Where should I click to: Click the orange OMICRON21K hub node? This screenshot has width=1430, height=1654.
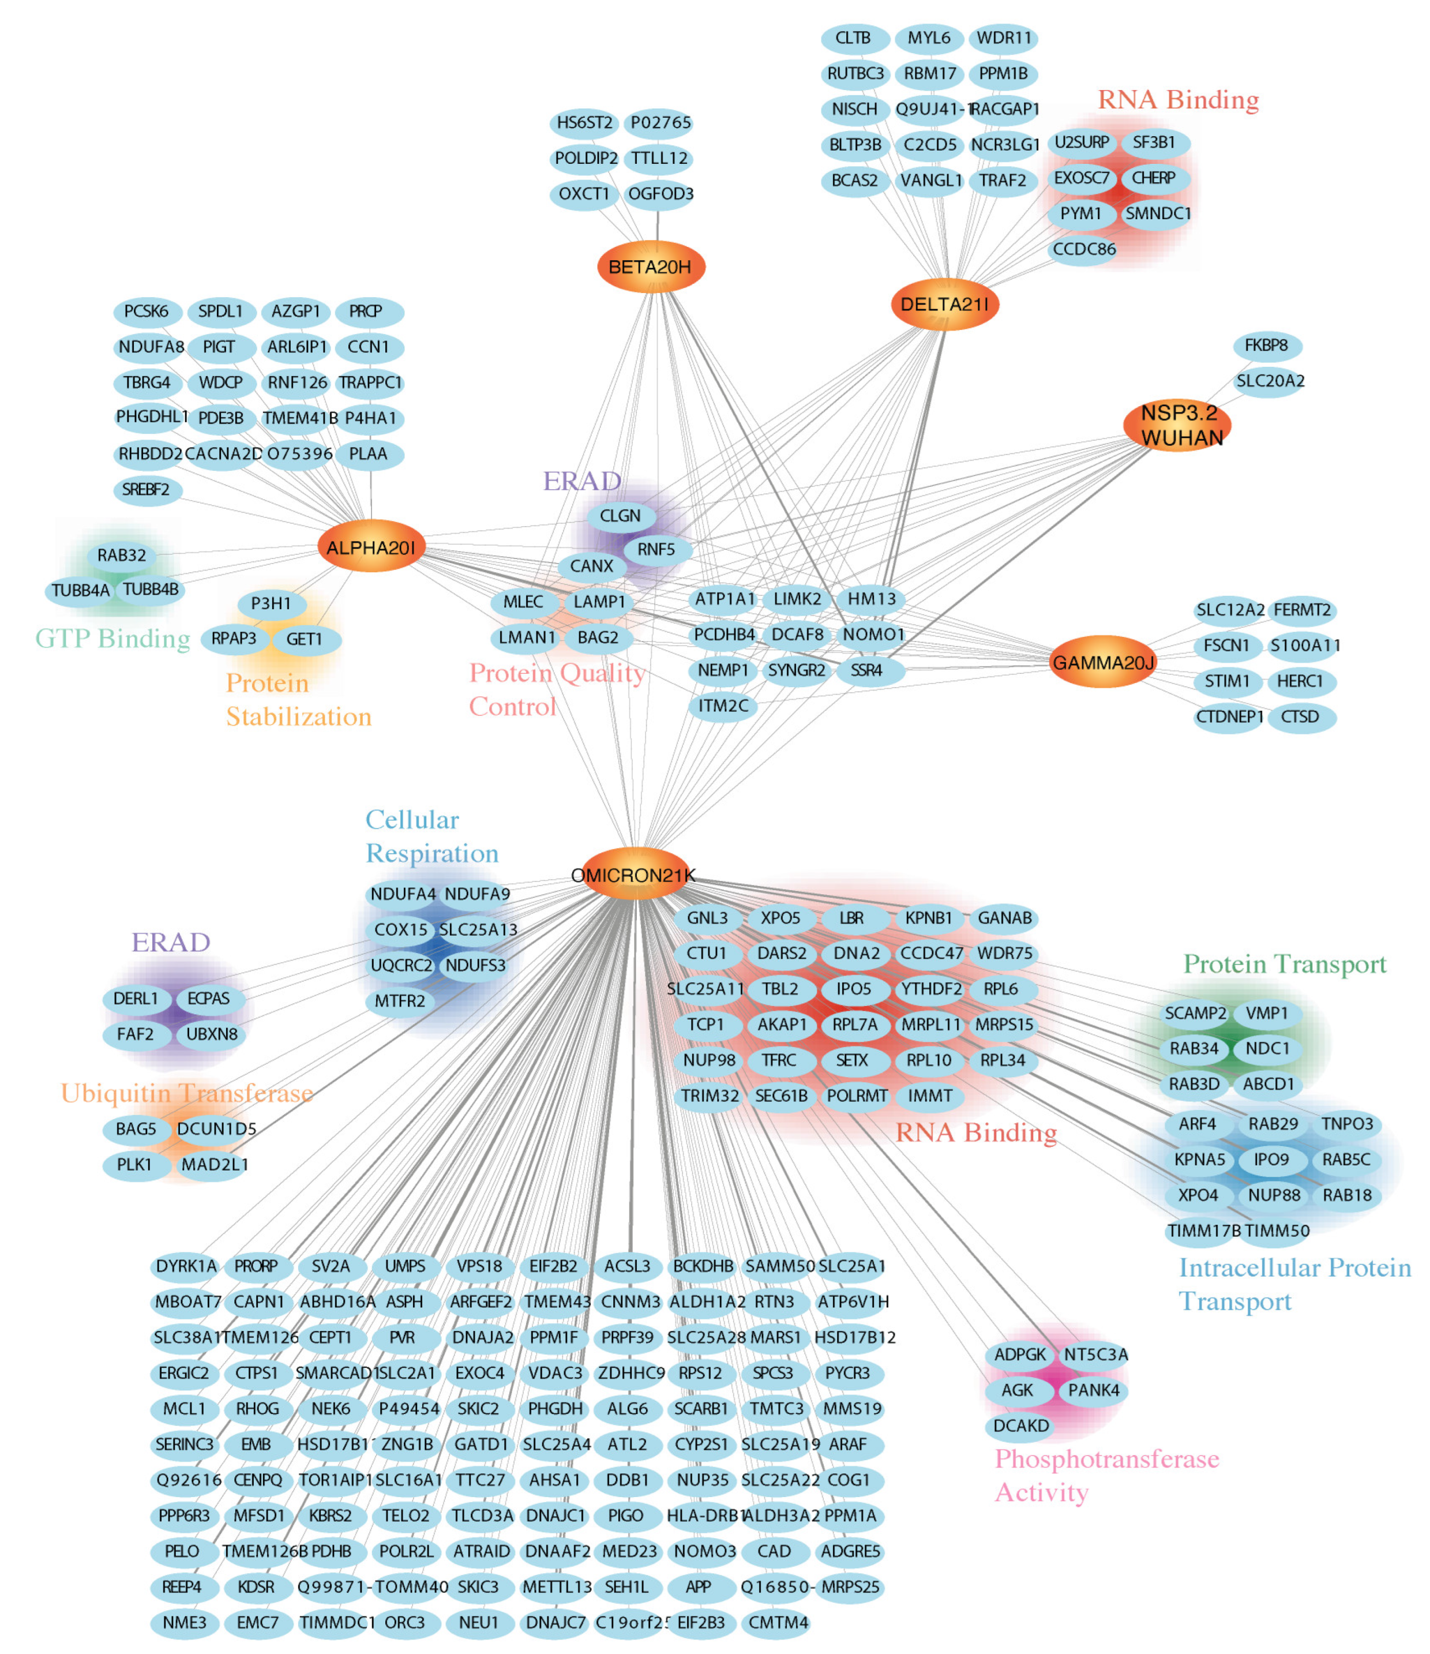coord(635,875)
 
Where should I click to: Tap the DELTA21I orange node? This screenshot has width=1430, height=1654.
coord(945,304)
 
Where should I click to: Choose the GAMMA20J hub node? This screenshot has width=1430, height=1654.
coord(1103,662)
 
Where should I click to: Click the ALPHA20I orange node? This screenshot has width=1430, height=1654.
coord(370,547)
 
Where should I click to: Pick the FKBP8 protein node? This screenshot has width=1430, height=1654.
coord(1266,346)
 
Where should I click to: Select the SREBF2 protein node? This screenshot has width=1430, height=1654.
coord(147,489)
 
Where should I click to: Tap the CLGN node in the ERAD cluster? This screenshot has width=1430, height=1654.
coord(620,516)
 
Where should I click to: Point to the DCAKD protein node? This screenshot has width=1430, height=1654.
coord(1020,1426)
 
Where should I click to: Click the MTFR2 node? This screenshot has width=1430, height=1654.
coord(400,1001)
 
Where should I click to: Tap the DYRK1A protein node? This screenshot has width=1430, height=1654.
coord(186,1266)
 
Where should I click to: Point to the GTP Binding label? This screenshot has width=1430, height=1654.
coord(112,639)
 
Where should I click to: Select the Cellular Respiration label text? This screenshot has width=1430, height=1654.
coord(431,837)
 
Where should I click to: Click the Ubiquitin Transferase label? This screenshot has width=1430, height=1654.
coord(187,1093)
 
